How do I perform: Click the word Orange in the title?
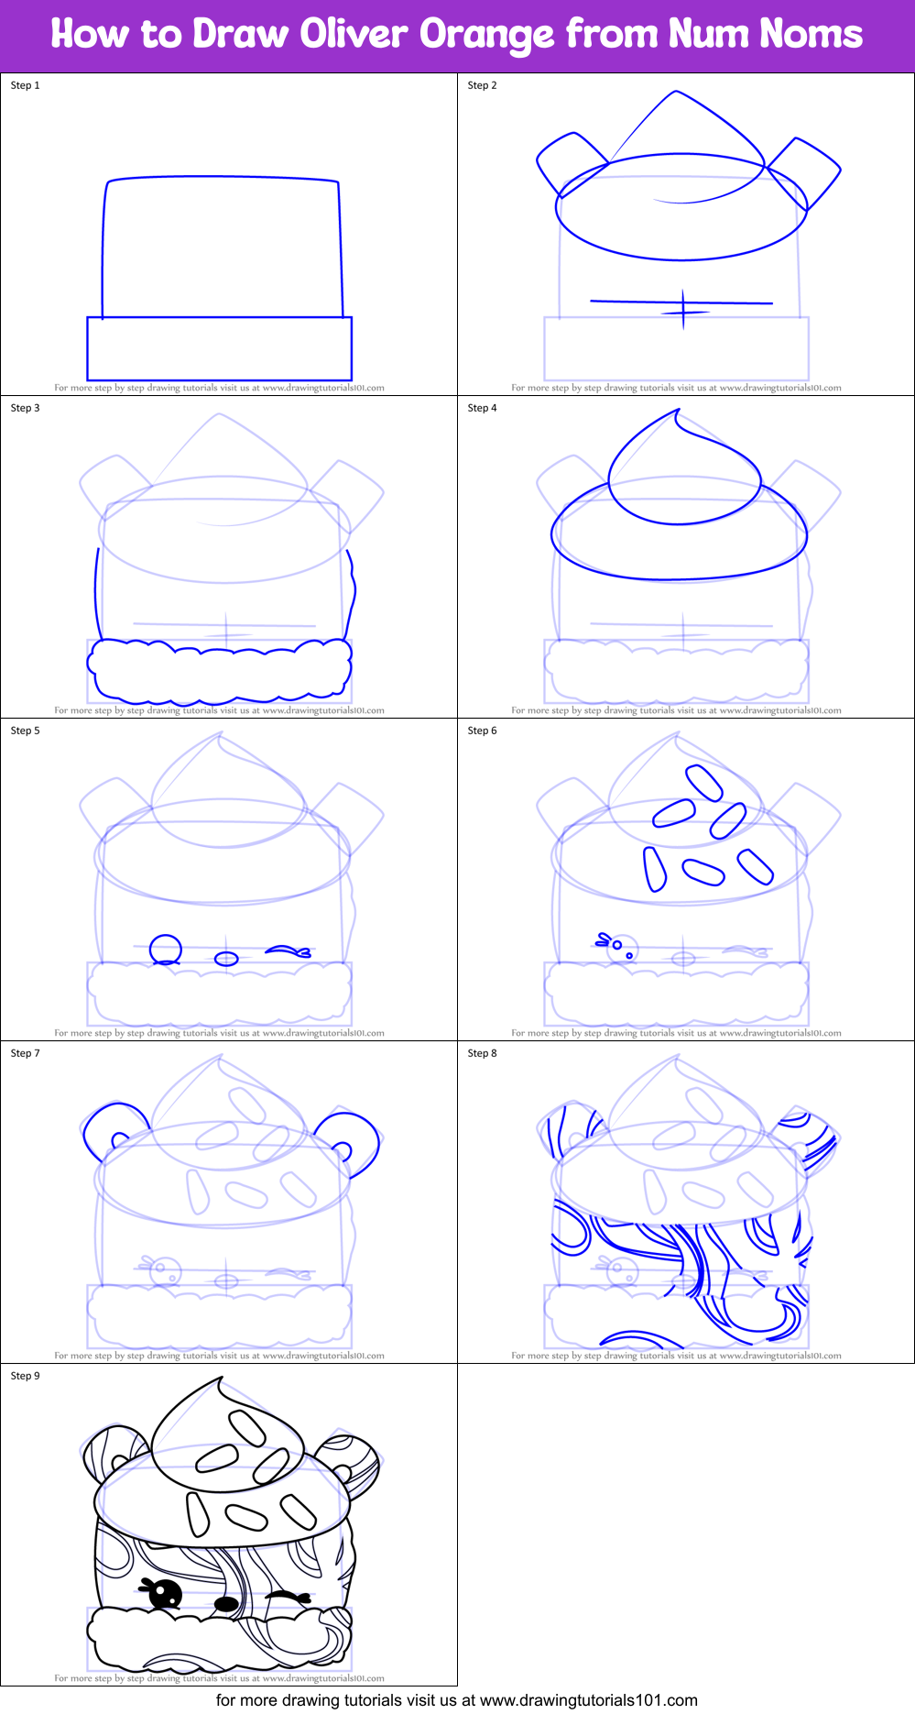click(x=486, y=35)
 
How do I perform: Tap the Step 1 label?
click(x=26, y=85)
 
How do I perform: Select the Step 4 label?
click(x=482, y=408)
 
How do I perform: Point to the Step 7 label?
click(x=26, y=1053)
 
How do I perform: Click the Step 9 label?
click(x=26, y=1376)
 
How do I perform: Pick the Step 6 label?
click(x=482, y=731)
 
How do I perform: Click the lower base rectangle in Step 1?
click(x=219, y=348)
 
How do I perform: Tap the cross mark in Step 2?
click(x=683, y=308)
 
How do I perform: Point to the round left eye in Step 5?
click(x=165, y=950)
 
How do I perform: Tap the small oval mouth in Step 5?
click(x=226, y=959)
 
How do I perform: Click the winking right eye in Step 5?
click(x=289, y=951)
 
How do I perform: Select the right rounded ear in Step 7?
click(x=351, y=1140)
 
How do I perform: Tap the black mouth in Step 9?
click(x=226, y=1604)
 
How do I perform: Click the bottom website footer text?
click(x=457, y=1701)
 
